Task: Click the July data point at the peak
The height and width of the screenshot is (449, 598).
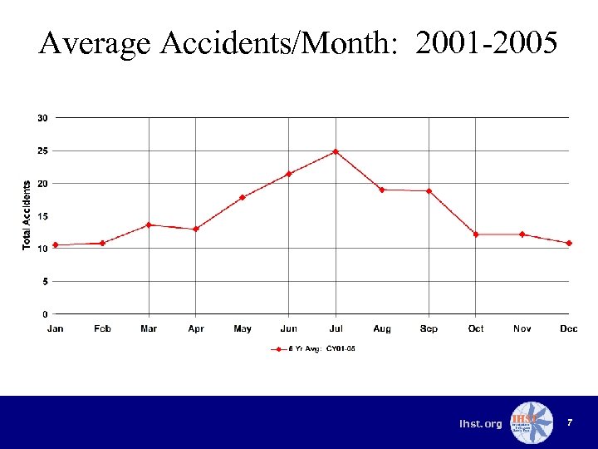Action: (336, 151)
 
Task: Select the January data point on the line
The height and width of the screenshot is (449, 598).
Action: (56, 245)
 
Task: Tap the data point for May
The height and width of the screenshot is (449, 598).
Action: (243, 197)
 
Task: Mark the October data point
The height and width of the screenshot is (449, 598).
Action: (476, 234)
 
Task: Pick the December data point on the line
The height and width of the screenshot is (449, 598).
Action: (569, 243)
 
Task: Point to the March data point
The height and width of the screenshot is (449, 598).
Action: (149, 224)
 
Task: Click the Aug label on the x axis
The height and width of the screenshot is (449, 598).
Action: (382, 329)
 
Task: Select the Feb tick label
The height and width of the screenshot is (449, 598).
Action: (102, 329)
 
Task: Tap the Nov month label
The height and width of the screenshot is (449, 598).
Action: (522, 329)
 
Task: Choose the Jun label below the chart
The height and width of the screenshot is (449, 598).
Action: (289, 329)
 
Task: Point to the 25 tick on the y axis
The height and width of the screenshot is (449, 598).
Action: (42, 150)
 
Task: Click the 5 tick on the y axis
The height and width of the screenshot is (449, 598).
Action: (45, 281)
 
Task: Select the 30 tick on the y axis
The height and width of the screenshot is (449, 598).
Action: (42, 118)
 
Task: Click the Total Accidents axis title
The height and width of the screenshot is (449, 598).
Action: (27, 215)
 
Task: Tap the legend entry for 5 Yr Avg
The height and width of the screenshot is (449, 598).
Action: (316, 349)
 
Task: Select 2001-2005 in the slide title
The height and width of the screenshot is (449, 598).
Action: (486, 42)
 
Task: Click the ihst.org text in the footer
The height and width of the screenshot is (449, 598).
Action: (481, 424)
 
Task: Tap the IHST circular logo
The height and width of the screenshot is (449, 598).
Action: (531, 422)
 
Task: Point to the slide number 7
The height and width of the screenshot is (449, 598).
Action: (570, 423)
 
